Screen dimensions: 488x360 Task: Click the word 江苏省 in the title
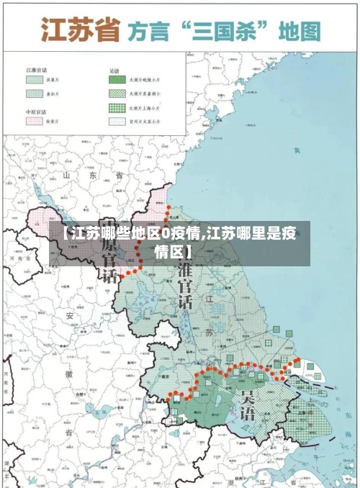(79, 30)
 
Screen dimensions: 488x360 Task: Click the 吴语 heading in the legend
(114, 71)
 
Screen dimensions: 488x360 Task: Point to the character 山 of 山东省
(69, 175)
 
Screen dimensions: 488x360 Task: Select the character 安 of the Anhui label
(70, 315)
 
